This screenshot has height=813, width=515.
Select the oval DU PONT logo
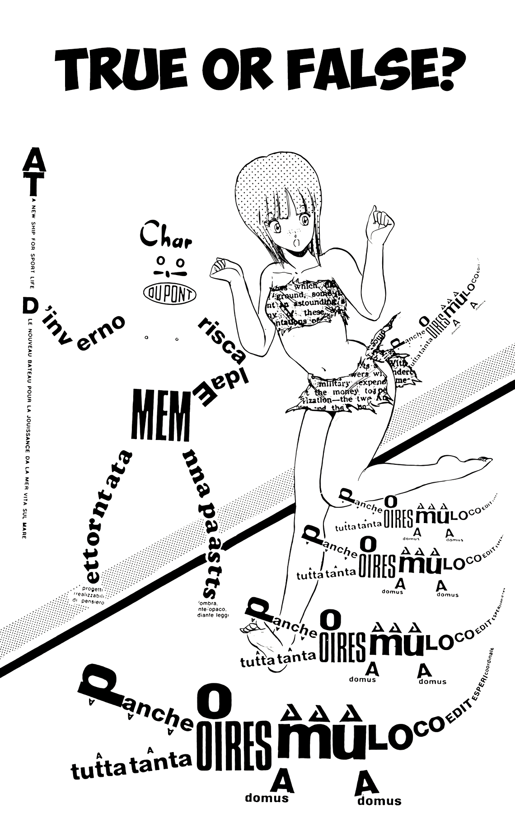169,294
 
